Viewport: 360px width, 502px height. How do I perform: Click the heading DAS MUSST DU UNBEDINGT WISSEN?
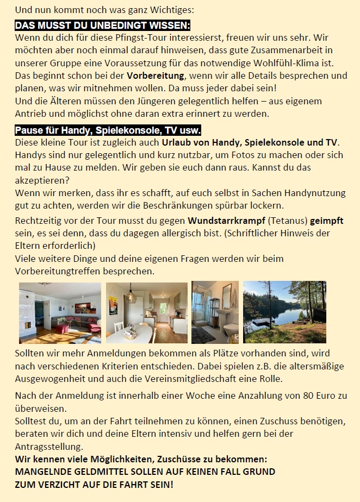103,26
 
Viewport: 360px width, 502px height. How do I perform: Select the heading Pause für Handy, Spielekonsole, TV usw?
108,130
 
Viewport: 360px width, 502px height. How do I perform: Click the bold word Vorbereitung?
156,76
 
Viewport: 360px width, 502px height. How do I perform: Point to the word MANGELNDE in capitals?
44,472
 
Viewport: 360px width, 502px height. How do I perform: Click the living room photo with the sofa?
60,313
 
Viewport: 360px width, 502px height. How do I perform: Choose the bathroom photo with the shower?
215,312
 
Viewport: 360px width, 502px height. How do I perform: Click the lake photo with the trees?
284,312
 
